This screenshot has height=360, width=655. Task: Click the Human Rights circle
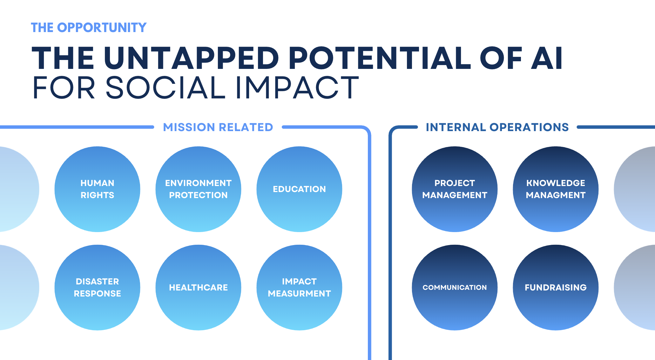coord(97,189)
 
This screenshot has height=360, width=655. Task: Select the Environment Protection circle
coord(198,189)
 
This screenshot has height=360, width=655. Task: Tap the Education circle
coord(299,189)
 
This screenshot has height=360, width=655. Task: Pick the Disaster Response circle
coord(97,288)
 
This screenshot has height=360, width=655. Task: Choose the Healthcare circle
coord(198,288)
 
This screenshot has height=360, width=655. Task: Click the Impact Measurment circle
coord(299,288)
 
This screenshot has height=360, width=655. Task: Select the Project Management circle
coord(455,189)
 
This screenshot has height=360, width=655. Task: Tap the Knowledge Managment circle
coord(556,189)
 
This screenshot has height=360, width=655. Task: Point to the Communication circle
coord(455,288)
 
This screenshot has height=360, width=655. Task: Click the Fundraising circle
coord(556,288)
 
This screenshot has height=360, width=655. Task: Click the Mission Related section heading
coord(218,127)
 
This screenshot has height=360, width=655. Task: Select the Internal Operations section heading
coord(497,127)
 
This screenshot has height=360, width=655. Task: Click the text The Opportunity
coord(89,28)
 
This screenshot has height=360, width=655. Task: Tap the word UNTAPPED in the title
coord(191,58)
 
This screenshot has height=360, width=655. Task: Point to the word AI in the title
coord(546,58)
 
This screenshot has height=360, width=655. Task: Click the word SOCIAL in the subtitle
coord(165,88)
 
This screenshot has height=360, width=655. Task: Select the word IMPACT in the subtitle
coord(297,88)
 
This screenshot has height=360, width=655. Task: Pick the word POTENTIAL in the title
coord(380,58)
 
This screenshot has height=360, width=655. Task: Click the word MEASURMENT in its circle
coord(299,294)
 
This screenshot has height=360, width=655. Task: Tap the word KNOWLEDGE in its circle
coord(556,183)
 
